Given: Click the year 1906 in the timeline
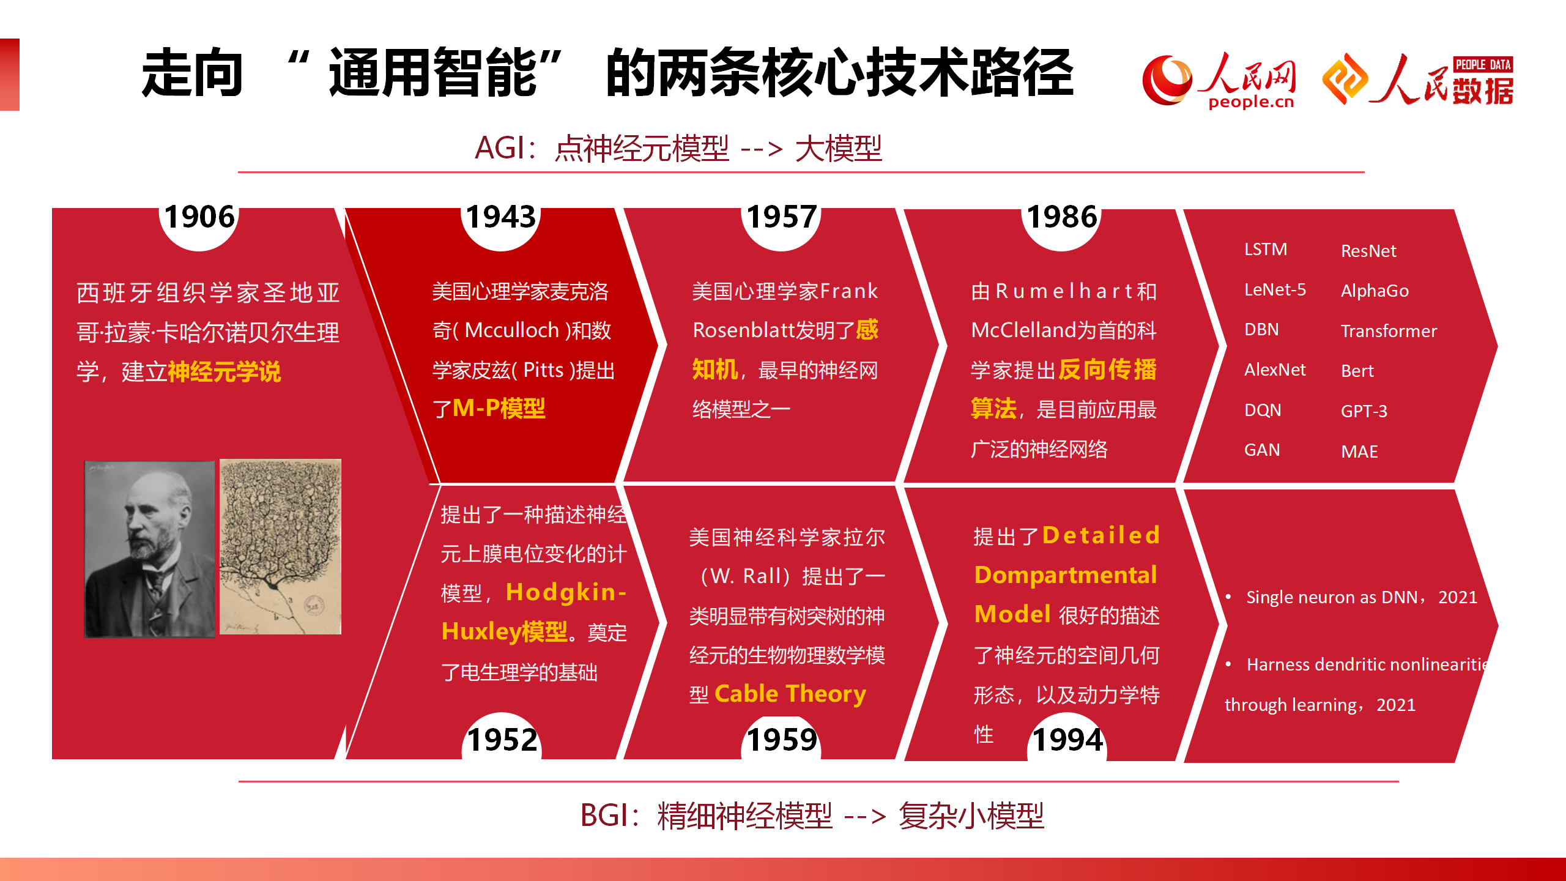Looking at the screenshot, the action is [199, 217].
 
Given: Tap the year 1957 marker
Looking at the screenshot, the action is [782, 217].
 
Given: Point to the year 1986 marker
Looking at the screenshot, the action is [1062, 217].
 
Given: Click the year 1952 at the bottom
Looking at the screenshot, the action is [502, 740].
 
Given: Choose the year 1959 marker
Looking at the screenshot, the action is [782, 740].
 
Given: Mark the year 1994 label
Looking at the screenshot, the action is [1068, 740].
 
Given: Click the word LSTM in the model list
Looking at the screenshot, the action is [1266, 250].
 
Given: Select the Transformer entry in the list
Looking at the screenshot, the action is [1389, 331].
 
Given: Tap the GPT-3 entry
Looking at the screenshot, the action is [1364, 411].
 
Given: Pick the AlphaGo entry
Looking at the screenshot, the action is [1375, 291].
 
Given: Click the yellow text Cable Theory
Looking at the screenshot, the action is [790, 694].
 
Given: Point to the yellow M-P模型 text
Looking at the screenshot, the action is [499, 408].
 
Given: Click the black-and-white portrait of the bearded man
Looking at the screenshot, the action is [150, 549].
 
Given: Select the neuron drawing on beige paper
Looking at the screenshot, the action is [280, 546].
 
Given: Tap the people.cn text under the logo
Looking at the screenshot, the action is [1251, 102].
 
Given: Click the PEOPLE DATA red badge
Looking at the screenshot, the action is [1483, 65].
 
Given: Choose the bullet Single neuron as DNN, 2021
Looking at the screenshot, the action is [1361, 597].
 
